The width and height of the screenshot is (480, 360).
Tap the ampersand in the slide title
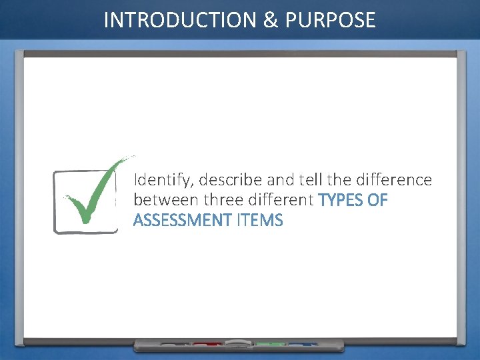coord(271,21)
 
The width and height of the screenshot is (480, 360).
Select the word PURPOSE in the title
coord(331,21)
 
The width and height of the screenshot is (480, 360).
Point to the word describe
coord(231,180)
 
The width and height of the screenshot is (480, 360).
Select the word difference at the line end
coord(394,180)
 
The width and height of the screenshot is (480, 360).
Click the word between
coord(167,200)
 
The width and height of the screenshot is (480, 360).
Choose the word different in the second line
coord(281,200)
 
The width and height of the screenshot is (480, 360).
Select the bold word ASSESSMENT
coord(182,220)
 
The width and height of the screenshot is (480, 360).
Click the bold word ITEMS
coord(259,220)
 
